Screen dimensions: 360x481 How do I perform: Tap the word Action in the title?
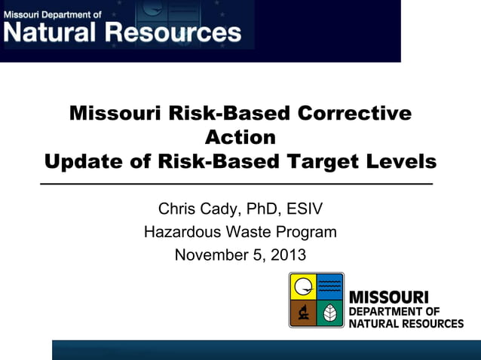click(240, 138)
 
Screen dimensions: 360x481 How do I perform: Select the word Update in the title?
click(79, 162)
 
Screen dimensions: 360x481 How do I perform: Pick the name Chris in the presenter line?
click(179, 209)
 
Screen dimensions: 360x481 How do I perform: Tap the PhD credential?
click(270, 209)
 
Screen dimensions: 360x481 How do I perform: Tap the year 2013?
click(290, 255)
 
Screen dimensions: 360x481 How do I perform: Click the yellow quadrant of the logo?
click(303, 286)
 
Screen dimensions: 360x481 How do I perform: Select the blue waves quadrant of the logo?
click(329, 286)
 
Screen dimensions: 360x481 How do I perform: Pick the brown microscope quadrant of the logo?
click(303, 313)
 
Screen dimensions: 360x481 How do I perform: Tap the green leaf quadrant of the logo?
click(329, 313)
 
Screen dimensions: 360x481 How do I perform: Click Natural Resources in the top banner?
click(123, 32)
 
